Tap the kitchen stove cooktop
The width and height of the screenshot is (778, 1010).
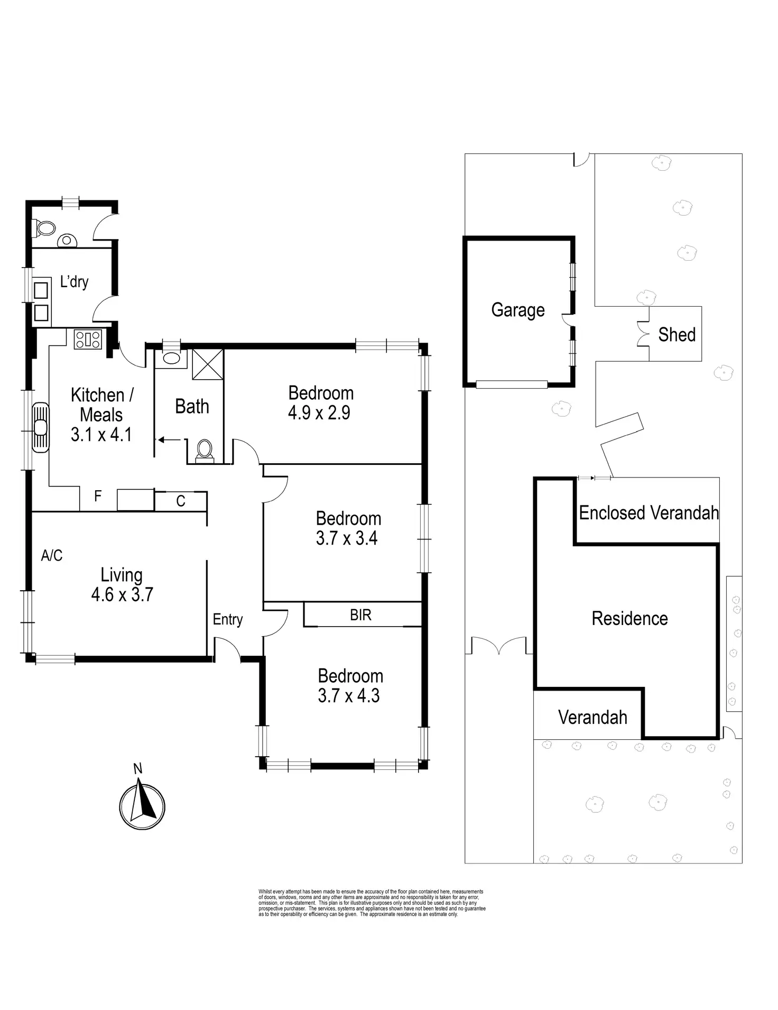(88, 339)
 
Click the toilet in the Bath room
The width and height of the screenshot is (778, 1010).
(204, 449)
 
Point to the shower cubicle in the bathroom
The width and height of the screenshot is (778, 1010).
(207, 364)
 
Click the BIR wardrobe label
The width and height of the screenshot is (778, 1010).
(360, 615)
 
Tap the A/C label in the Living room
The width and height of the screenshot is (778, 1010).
(52, 555)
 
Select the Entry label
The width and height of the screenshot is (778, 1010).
(227, 619)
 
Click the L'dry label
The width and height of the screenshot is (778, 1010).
(74, 282)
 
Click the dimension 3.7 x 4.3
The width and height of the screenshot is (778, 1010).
(348, 696)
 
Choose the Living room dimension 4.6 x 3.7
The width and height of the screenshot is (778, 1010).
(122, 595)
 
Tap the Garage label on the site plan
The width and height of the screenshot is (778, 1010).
(517, 310)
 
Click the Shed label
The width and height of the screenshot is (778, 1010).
(677, 334)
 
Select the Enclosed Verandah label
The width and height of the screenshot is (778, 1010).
(649, 512)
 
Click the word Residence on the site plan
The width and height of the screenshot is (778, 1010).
(629, 618)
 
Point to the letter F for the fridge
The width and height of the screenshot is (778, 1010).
(98, 496)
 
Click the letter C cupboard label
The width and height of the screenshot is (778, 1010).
(181, 501)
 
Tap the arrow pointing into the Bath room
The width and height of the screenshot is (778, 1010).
(169, 439)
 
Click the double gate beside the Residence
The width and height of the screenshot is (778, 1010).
(499, 646)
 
